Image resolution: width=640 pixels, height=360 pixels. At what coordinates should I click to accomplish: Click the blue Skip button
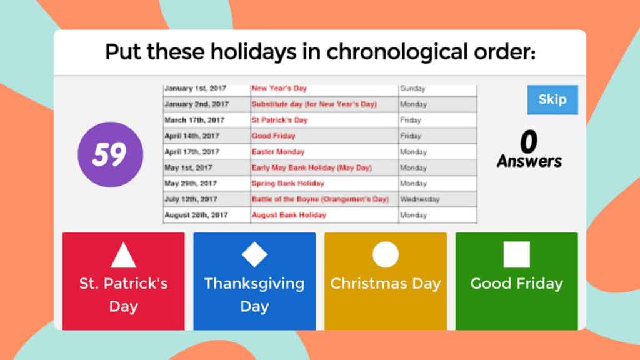552,99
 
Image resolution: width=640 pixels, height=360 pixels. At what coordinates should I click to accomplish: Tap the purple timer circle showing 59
110,155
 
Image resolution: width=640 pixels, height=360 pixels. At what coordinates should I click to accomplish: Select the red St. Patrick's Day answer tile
123,281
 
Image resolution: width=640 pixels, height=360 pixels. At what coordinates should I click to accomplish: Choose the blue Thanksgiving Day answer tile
254,281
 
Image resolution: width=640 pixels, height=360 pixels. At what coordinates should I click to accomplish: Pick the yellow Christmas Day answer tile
385,281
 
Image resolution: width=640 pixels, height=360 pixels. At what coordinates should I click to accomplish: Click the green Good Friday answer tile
516,281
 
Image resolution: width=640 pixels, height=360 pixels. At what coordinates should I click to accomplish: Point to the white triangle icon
123,256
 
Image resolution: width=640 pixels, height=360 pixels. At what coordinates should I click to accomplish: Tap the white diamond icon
254,255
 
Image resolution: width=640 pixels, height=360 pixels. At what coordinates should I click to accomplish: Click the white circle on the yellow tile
385,255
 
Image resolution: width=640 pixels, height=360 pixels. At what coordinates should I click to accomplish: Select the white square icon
516,255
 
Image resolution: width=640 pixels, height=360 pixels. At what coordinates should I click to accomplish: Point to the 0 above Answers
529,142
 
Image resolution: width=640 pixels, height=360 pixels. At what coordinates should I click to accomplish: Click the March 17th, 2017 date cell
194,120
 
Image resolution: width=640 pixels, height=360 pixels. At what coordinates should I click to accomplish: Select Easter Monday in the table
278,152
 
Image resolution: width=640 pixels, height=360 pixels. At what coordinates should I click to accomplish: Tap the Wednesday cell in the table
419,199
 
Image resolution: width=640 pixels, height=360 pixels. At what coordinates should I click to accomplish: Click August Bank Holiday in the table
289,215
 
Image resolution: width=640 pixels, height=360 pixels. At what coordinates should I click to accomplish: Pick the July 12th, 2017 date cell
191,199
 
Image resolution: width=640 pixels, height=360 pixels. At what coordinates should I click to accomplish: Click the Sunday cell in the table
412,89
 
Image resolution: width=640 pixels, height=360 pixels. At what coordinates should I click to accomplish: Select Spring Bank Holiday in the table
287,184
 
